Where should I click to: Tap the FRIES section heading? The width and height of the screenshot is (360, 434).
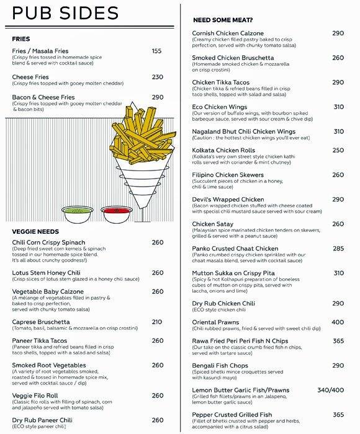point(21,38)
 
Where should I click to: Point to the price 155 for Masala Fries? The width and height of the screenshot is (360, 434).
point(156,51)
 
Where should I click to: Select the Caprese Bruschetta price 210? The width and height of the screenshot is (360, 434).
point(157,322)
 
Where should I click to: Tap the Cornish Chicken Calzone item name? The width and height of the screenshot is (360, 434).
point(228,33)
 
